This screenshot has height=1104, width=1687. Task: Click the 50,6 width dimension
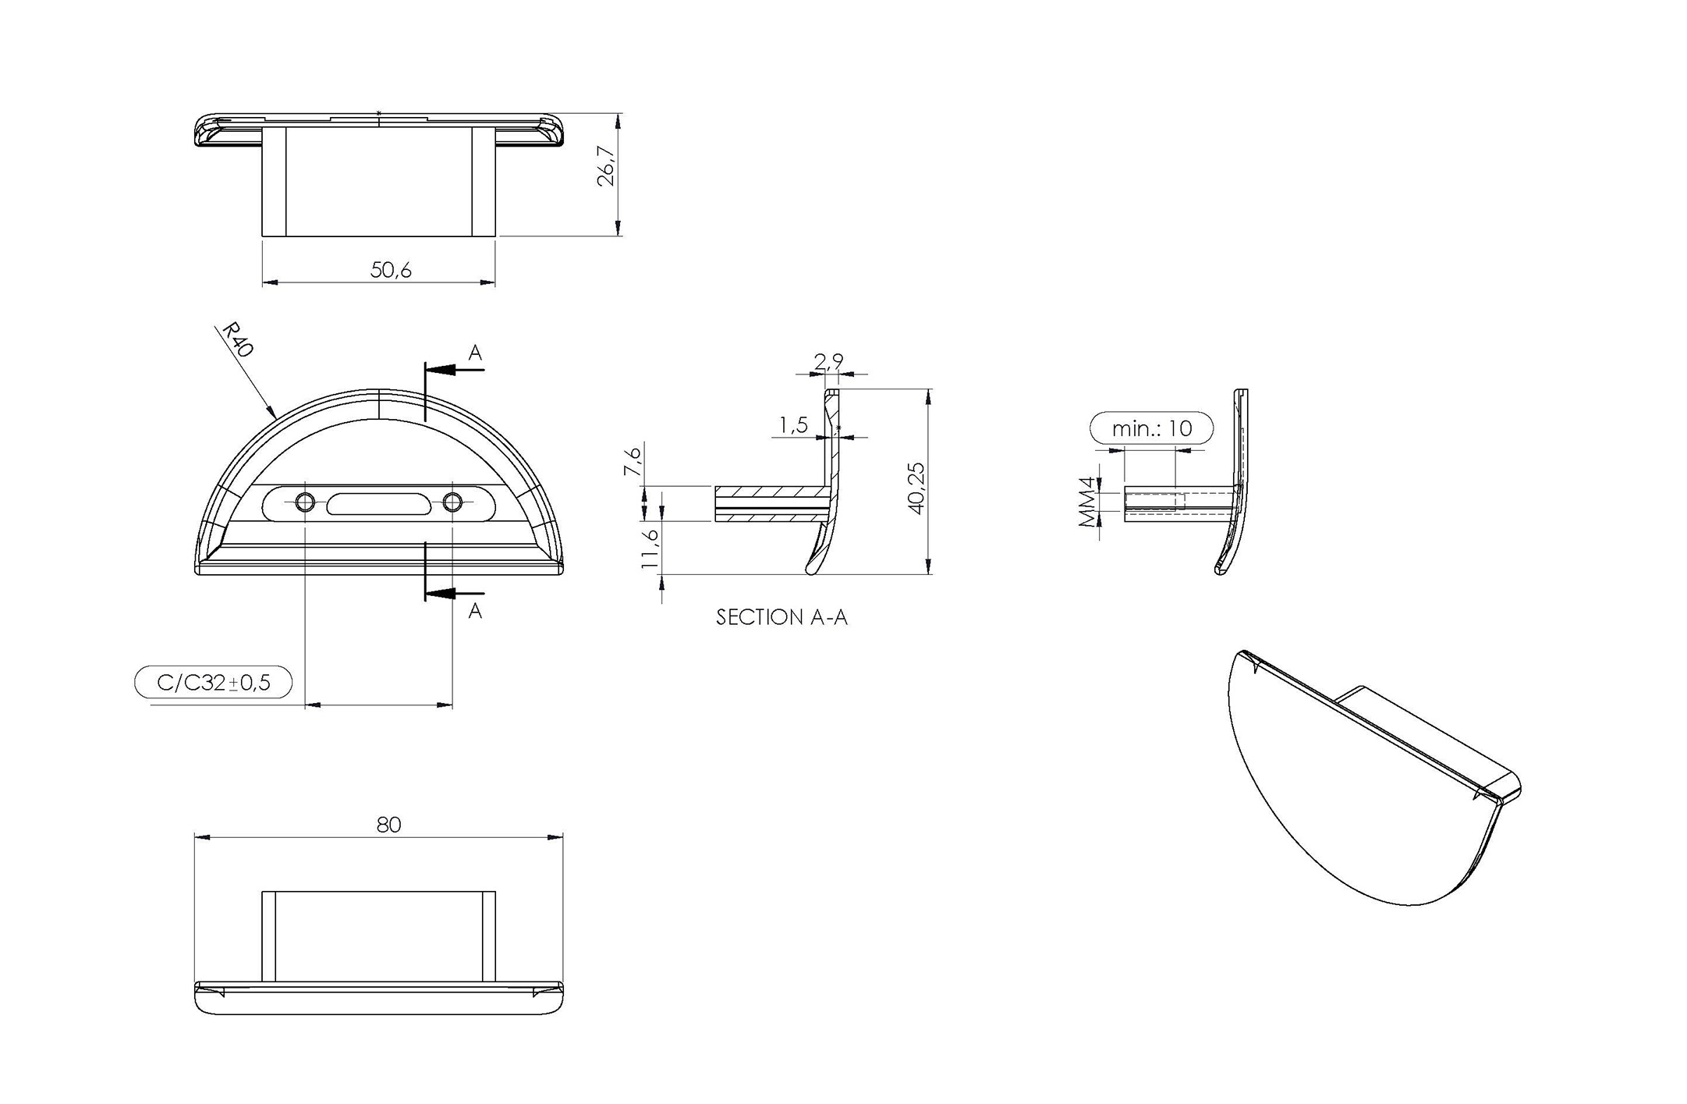(x=391, y=270)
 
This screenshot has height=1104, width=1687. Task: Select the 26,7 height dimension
(x=606, y=165)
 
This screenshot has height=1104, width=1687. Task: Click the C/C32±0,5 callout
(x=214, y=683)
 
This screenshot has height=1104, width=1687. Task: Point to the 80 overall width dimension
(x=388, y=825)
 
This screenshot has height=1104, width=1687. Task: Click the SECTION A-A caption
(x=781, y=618)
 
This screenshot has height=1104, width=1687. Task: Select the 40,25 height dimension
(x=916, y=488)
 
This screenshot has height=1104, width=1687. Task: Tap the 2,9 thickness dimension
(x=828, y=361)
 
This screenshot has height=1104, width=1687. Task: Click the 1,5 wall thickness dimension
(x=792, y=425)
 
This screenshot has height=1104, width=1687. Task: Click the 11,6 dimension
(x=650, y=548)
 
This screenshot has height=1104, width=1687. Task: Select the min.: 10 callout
(x=1152, y=428)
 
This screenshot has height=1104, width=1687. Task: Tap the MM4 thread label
(x=1087, y=502)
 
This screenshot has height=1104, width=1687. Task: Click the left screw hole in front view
(x=305, y=502)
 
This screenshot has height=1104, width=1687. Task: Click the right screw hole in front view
(x=453, y=502)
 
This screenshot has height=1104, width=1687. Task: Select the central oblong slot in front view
(x=378, y=503)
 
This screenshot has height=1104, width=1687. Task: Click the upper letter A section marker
(x=475, y=353)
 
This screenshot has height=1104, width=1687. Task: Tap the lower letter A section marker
(x=475, y=611)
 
